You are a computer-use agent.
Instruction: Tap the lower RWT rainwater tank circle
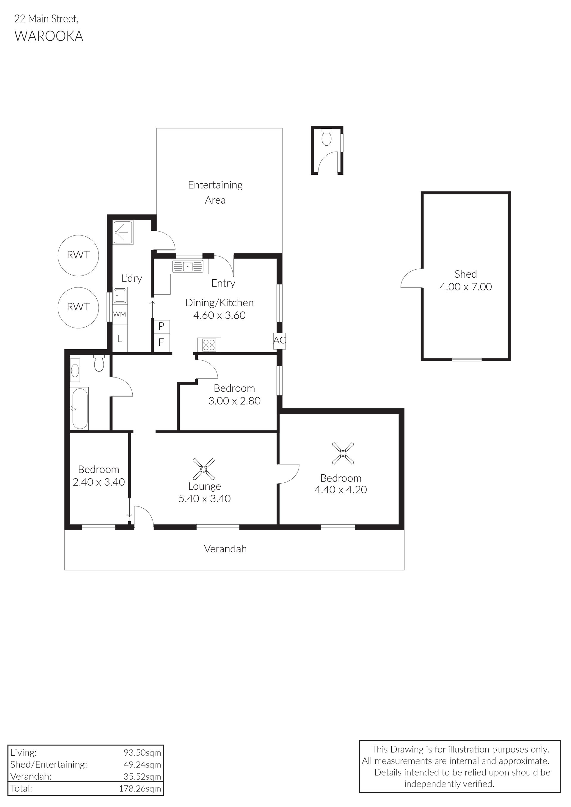pyautogui.click(x=78, y=288)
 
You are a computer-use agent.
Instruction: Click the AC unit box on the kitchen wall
pyautogui.click(x=280, y=341)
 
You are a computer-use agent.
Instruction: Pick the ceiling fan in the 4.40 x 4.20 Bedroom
pyautogui.click(x=343, y=453)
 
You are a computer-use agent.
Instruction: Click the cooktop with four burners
pyautogui.click(x=209, y=344)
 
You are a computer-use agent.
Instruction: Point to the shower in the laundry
pyautogui.click(x=123, y=232)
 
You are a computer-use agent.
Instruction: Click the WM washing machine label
pyautogui.click(x=120, y=314)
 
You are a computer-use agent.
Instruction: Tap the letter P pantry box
pyautogui.click(x=161, y=326)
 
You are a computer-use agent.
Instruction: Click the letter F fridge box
pyautogui.click(x=161, y=342)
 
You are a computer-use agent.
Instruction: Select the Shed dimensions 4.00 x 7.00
pyautogui.click(x=465, y=287)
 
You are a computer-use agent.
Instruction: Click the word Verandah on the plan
pyautogui.click(x=225, y=549)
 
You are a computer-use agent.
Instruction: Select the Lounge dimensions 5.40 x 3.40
pyautogui.click(x=205, y=498)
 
